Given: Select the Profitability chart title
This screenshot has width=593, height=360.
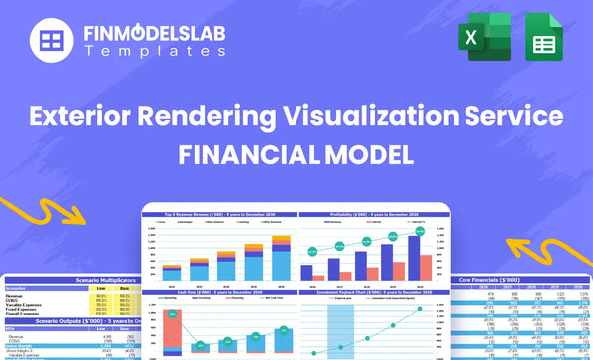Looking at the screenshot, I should click(369, 215).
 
